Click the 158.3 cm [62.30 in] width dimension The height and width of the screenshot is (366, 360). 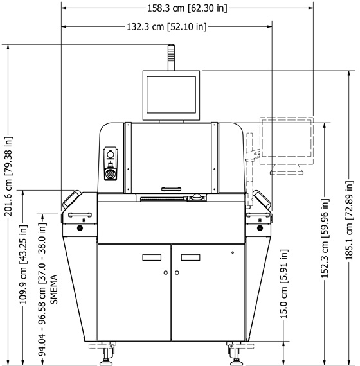[x=187, y=8]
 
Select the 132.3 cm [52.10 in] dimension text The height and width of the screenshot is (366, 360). [x=166, y=26]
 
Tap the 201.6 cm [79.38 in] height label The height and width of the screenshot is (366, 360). [x=8, y=176]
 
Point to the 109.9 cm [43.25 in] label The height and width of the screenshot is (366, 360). [x=23, y=265]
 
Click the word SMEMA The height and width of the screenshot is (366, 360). [x=54, y=289]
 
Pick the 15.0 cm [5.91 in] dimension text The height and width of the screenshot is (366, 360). [x=283, y=284]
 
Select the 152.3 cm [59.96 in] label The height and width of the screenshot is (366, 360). [x=325, y=238]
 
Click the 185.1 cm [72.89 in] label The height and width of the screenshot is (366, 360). [x=349, y=220]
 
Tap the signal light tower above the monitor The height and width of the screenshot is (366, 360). [x=172, y=57]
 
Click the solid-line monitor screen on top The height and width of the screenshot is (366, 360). [x=172, y=95]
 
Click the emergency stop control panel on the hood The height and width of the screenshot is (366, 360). [x=111, y=164]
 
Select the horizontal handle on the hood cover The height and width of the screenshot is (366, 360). [x=172, y=189]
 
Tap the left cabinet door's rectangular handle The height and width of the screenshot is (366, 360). [x=152, y=257]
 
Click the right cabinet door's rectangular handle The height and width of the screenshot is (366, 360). [x=190, y=257]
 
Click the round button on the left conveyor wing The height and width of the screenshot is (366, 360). [x=80, y=228]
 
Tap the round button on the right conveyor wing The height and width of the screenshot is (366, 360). [x=260, y=228]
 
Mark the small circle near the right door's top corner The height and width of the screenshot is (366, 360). [x=233, y=252]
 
